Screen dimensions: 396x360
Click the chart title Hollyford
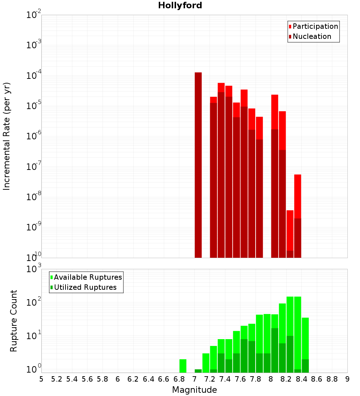(180, 6)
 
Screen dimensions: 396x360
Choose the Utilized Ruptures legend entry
(85, 287)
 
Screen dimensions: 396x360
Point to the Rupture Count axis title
(14, 320)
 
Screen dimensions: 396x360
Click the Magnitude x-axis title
(194, 390)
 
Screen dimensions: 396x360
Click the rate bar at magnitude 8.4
(298, 216)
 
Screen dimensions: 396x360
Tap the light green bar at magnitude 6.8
(183, 366)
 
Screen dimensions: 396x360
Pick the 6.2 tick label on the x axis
(133, 379)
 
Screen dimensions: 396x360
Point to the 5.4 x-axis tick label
(72, 379)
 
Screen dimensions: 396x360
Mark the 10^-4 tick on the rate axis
(34, 76)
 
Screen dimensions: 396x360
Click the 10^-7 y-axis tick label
(34, 167)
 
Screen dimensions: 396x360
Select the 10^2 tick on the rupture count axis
(34, 303)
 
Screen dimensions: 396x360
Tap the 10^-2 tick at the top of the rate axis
(34, 15)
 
